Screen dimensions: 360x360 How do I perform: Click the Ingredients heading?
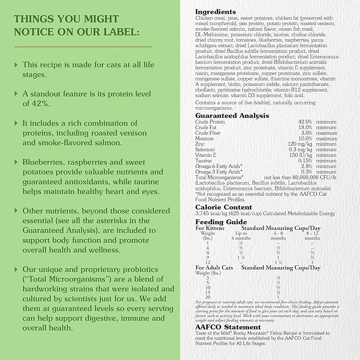tap(215, 11)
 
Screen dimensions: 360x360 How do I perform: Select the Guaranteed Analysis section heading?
tap(232, 116)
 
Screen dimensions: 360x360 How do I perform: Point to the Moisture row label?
tap(205, 138)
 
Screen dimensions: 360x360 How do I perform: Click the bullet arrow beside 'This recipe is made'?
tap(16, 65)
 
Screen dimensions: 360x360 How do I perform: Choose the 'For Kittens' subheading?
tap(209, 228)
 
